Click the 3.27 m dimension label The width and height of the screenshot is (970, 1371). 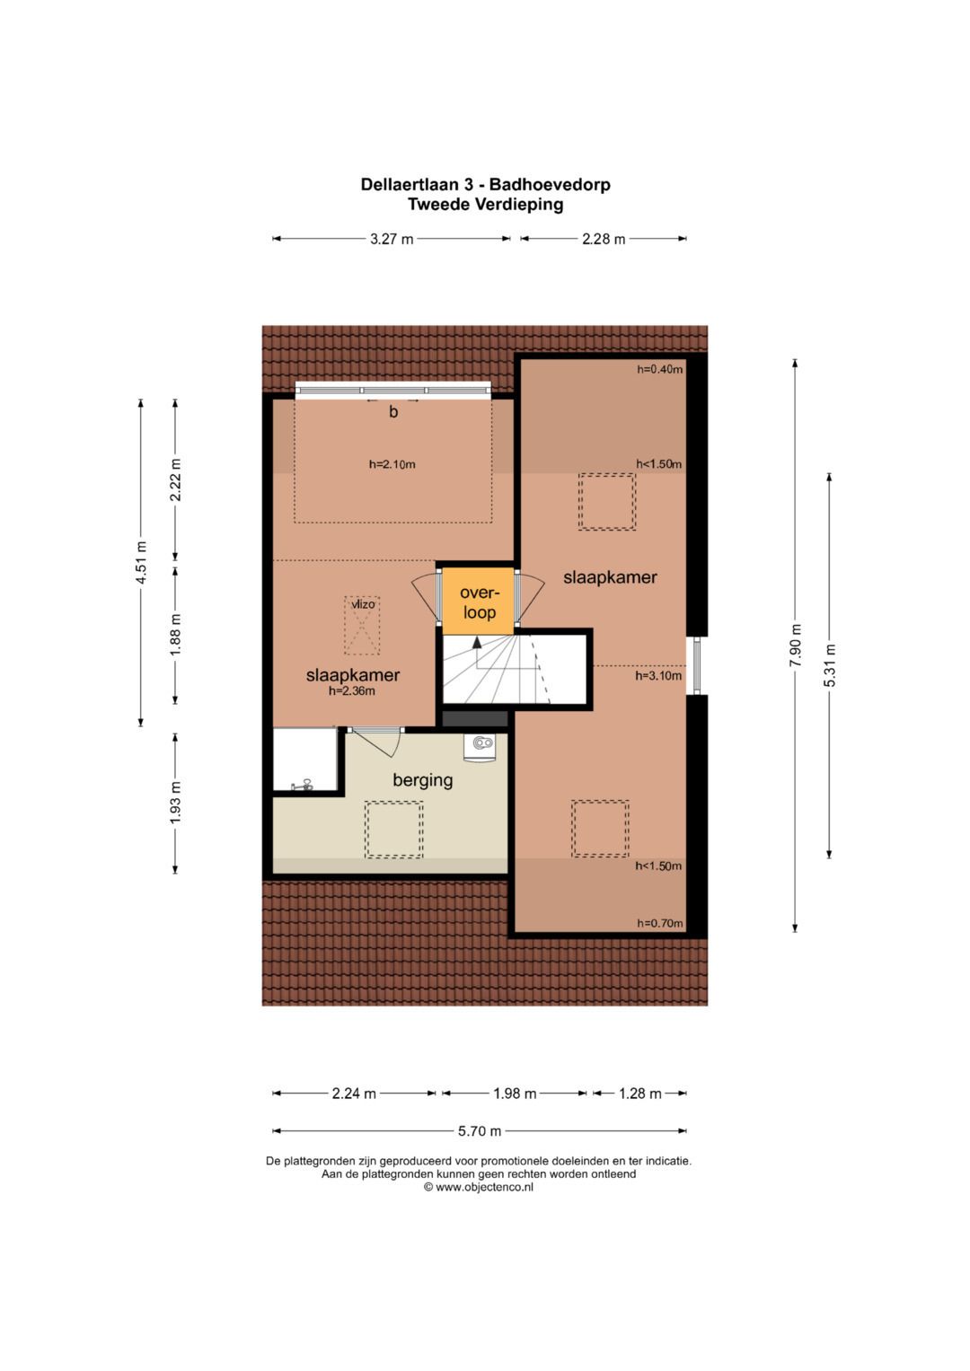(x=392, y=239)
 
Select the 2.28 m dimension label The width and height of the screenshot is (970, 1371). (x=604, y=239)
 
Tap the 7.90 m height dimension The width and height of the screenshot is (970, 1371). (x=795, y=646)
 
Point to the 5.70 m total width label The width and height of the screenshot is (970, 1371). (x=480, y=1131)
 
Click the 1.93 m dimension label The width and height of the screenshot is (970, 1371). (x=175, y=803)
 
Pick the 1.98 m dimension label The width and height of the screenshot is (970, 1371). (x=515, y=1094)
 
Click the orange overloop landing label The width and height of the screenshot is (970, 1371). (x=480, y=602)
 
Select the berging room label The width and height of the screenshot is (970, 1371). (x=422, y=780)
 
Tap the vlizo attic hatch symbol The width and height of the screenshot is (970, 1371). (x=362, y=626)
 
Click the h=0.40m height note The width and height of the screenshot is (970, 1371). (x=659, y=369)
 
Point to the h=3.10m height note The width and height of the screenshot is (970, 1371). (x=658, y=676)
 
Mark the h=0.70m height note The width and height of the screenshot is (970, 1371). (x=660, y=924)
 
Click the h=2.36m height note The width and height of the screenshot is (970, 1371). (x=351, y=691)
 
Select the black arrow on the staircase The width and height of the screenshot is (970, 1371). (x=476, y=641)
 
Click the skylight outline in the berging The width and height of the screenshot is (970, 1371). (x=393, y=830)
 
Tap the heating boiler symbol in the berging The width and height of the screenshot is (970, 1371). (x=481, y=747)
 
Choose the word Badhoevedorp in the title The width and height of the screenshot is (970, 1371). (x=550, y=184)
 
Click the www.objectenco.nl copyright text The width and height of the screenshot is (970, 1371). (x=479, y=1187)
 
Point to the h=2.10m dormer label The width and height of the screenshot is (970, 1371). (x=392, y=464)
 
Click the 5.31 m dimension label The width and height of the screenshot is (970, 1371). (x=829, y=665)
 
